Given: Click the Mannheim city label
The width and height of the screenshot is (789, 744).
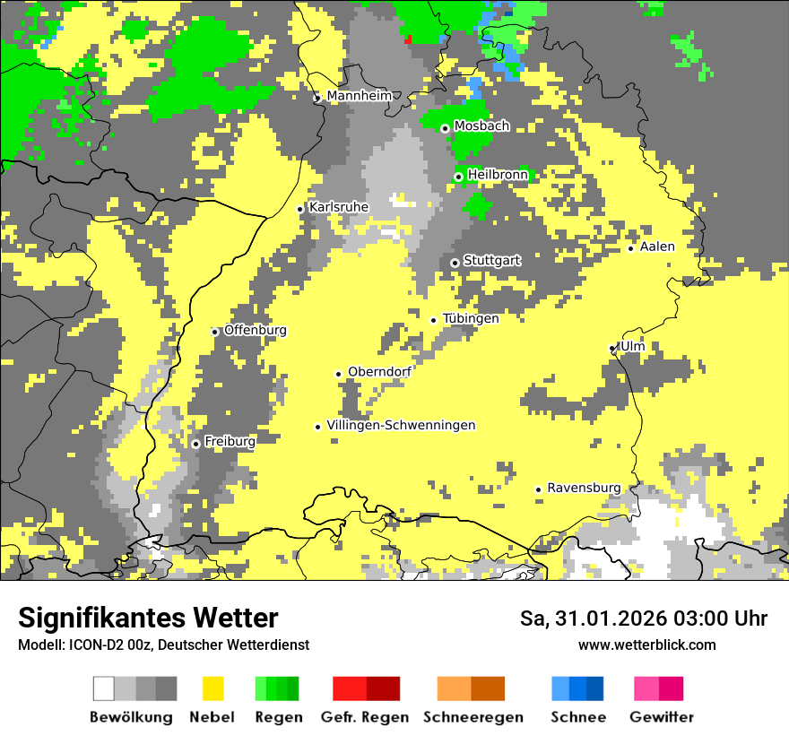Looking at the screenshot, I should point(360,96).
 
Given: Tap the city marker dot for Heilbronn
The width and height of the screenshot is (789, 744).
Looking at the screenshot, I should point(458,177).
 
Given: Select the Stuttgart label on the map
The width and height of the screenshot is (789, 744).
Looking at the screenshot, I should point(491,261).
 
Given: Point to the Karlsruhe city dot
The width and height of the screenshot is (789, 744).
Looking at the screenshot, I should point(300,209).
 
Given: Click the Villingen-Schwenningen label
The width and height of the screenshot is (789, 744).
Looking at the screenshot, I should point(401,425).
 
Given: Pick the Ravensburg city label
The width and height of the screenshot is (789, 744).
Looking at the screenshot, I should point(584,488).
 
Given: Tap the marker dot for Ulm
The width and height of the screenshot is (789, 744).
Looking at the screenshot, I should point(612,348).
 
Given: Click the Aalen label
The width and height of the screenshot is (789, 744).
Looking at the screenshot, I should point(657,247).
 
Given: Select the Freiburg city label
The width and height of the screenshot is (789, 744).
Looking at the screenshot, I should point(230,441).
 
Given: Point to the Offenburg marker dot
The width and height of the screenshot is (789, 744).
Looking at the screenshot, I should point(215,332).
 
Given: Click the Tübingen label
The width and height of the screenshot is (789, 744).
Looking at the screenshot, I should point(471,318).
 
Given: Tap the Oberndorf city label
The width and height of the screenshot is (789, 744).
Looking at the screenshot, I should point(379,372).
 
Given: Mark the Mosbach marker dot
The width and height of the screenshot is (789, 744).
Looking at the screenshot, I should point(445,128).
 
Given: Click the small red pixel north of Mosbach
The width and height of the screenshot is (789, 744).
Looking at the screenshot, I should point(408,39).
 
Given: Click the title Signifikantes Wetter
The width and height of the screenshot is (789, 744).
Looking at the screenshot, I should point(148,618).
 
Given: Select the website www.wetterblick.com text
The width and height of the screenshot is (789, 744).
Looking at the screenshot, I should point(646,645).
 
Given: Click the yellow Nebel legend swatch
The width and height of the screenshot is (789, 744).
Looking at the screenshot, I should point(212,688).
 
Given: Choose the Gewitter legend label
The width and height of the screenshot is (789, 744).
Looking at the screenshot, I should point(661,717).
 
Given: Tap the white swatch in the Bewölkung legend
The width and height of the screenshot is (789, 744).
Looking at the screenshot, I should point(104,688).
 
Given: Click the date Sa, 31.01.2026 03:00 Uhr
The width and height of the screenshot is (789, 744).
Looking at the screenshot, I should point(643,619).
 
